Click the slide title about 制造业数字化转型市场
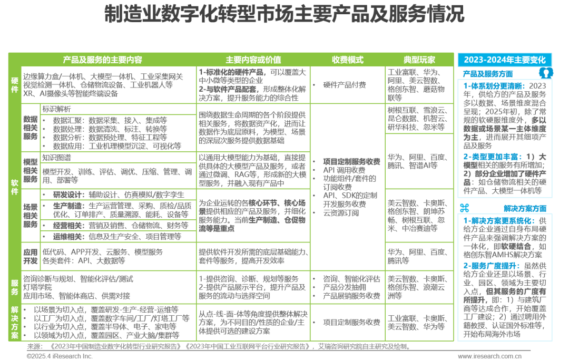coord(284,14)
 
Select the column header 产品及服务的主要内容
coord(102,60)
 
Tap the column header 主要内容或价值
coord(253,60)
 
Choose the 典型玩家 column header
coord(419,60)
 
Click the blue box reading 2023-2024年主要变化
coord(504,60)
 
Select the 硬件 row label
coord(15,84)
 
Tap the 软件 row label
coord(15,187)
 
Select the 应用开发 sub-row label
coord(30,256)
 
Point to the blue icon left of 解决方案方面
coord(465,207)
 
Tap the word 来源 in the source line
coord(34,347)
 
